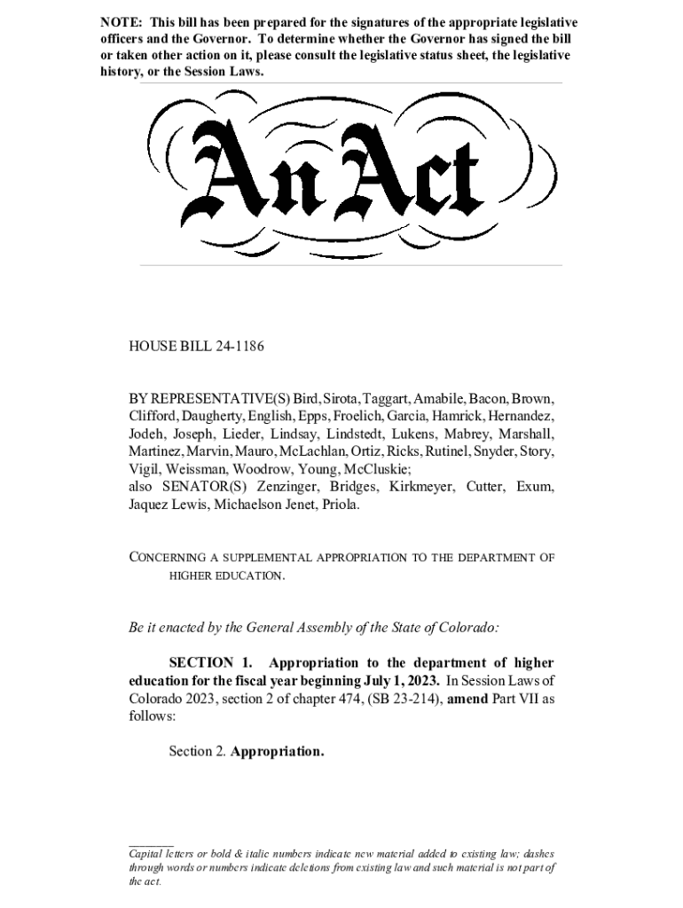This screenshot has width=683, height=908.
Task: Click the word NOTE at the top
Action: point(119,21)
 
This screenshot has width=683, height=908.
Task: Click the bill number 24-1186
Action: point(235,348)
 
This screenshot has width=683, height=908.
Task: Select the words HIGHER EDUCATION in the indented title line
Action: point(226,575)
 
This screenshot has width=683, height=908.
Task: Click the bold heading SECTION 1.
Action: point(210,663)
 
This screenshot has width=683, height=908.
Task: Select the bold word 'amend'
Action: point(470,699)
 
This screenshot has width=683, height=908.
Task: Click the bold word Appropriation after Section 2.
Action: point(278,752)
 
